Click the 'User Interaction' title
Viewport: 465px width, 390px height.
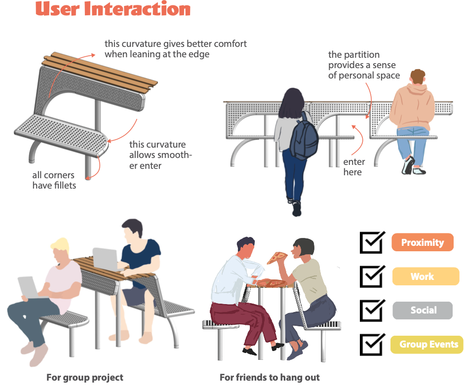point(113,9)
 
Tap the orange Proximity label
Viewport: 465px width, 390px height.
point(422,242)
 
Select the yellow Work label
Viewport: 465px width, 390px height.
point(426,276)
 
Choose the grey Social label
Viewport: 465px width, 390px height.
point(423,310)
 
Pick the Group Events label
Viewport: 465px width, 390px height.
point(427,344)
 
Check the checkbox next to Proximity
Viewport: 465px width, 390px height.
point(372,242)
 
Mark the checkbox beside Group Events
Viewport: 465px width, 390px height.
point(372,344)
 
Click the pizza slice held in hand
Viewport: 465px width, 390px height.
point(277,257)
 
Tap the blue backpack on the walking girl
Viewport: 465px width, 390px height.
point(304,136)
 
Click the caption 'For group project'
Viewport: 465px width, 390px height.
point(85,377)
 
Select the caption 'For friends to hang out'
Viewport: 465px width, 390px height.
point(270,377)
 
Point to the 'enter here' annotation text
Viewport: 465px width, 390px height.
point(354,167)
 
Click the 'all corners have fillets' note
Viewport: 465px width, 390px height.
point(54,180)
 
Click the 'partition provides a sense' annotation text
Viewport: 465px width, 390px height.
point(364,65)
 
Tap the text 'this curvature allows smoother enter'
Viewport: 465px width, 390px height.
point(160,155)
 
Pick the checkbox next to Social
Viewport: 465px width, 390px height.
point(372,310)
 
